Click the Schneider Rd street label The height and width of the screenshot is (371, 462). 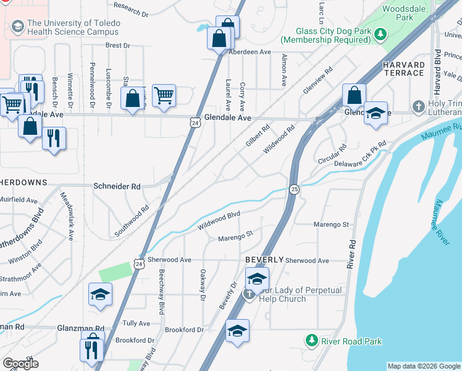click(x=117, y=186)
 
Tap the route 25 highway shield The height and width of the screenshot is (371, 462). click(x=294, y=189)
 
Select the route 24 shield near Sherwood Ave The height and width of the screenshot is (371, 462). click(x=138, y=263)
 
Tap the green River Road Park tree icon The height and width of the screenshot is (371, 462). click(x=313, y=341)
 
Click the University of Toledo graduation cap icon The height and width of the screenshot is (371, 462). click(x=17, y=26)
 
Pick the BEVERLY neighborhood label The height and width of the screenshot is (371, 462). click(x=264, y=260)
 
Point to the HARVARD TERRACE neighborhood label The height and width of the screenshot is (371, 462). click(x=403, y=69)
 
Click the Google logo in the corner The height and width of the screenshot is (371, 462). click(x=20, y=364)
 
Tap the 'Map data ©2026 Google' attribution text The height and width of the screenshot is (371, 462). click(x=424, y=366)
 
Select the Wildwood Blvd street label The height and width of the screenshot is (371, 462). click(x=219, y=220)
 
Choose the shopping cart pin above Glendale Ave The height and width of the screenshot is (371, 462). click(x=164, y=96)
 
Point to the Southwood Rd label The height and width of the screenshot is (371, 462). click(x=132, y=221)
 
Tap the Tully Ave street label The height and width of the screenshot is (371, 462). click(x=136, y=323)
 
